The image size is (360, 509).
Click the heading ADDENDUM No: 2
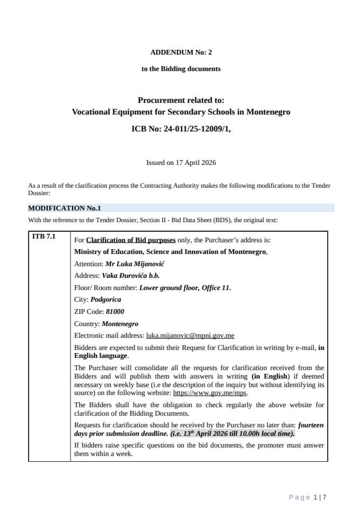tap(181, 52)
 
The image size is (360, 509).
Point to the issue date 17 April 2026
tap(192, 163)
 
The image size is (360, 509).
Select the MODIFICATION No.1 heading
tap(64, 208)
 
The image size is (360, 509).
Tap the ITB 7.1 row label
tap(43, 236)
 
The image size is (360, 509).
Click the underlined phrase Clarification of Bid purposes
tap(130, 240)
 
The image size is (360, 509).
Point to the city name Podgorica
tap(106, 300)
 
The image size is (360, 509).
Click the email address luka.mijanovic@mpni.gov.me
tap(190, 336)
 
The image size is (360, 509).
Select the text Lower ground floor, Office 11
tap(185, 288)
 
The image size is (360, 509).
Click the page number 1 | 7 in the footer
tap(320, 497)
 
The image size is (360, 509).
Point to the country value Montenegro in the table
tap(120, 323)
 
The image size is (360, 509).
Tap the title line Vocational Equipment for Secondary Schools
tap(181, 112)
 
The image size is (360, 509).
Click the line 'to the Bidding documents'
tap(181, 69)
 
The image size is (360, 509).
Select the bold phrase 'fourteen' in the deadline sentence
tap(310, 425)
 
